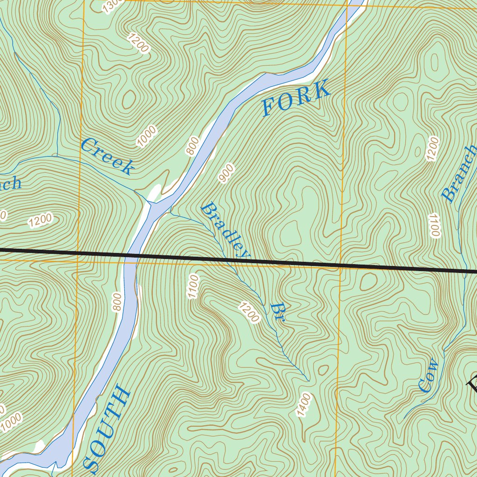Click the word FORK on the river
point(296,98)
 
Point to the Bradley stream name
point(225,231)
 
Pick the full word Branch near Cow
point(459,173)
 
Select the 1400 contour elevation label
point(304,405)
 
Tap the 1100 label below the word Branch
point(435,225)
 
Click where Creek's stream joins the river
point(150,203)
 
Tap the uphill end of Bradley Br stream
point(308,380)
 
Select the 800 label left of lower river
point(117,302)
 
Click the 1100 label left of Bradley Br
point(192,286)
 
